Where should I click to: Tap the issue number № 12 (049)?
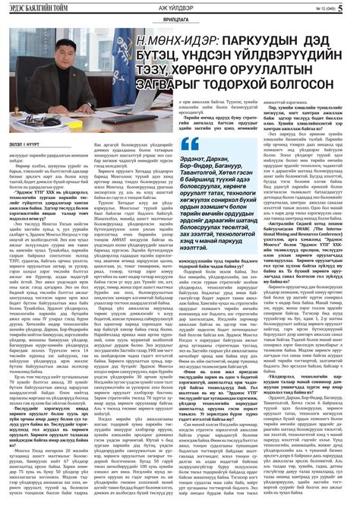tap(325, 9)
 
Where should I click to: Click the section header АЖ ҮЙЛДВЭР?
tap(179, 8)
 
